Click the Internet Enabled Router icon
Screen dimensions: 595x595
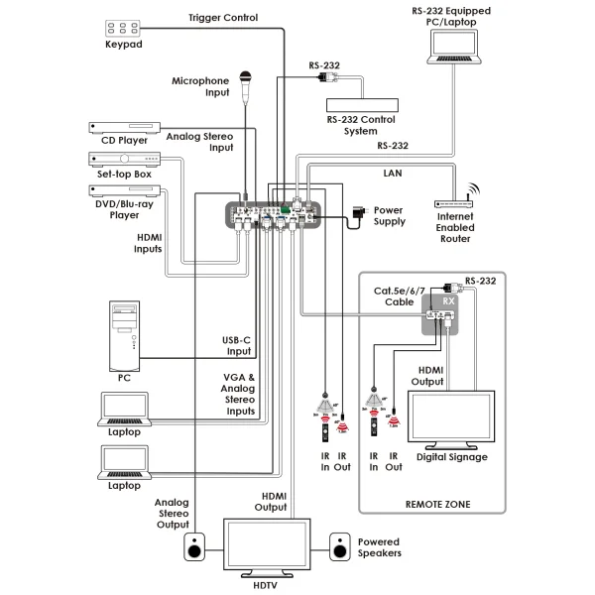coord(456,203)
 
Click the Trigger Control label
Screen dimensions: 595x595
coord(223,17)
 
